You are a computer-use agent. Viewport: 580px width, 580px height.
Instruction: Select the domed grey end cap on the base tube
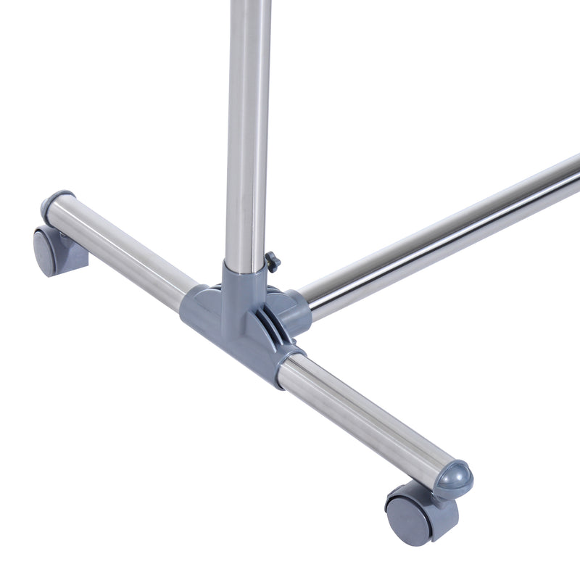coord(452,479)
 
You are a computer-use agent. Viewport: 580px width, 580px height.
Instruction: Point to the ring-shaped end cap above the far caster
coord(56,204)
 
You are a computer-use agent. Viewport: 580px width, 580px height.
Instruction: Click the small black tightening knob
coord(272,261)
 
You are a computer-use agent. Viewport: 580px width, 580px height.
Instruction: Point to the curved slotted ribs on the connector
coord(272,319)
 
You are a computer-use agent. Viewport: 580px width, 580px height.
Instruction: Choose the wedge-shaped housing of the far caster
coord(69,254)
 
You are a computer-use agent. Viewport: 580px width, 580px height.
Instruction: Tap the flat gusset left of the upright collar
coord(207,294)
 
